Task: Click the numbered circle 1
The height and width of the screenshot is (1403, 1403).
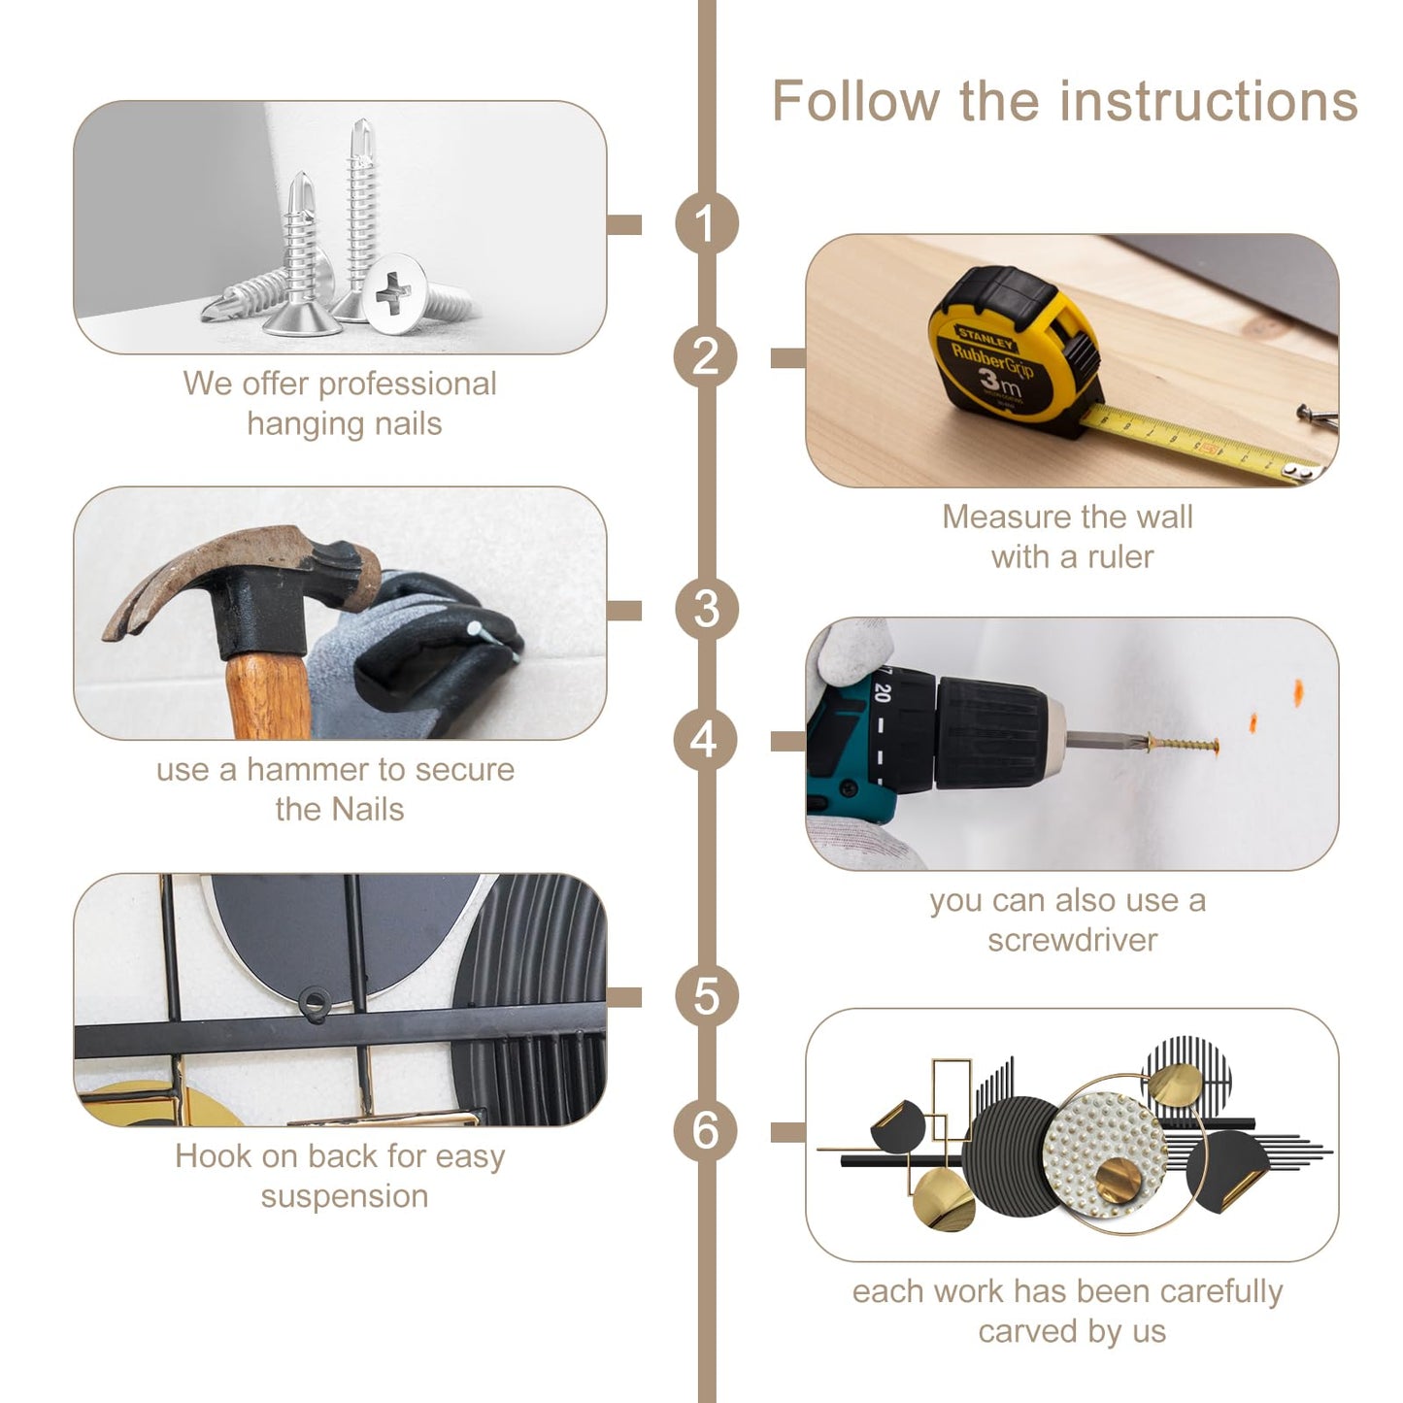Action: tap(706, 223)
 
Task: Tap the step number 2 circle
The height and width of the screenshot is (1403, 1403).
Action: tap(706, 356)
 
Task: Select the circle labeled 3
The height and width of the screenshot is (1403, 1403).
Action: tap(706, 610)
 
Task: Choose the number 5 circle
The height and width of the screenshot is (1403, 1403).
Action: tap(706, 996)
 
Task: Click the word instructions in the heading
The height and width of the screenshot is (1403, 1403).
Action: tap(1209, 101)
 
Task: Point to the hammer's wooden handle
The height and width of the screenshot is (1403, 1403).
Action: tap(269, 695)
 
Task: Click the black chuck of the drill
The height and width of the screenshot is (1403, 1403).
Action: tap(990, 732)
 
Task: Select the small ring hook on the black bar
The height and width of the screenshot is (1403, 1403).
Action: tap(314, 1003)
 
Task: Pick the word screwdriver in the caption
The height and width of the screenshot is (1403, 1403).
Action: tap(1072, 941)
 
